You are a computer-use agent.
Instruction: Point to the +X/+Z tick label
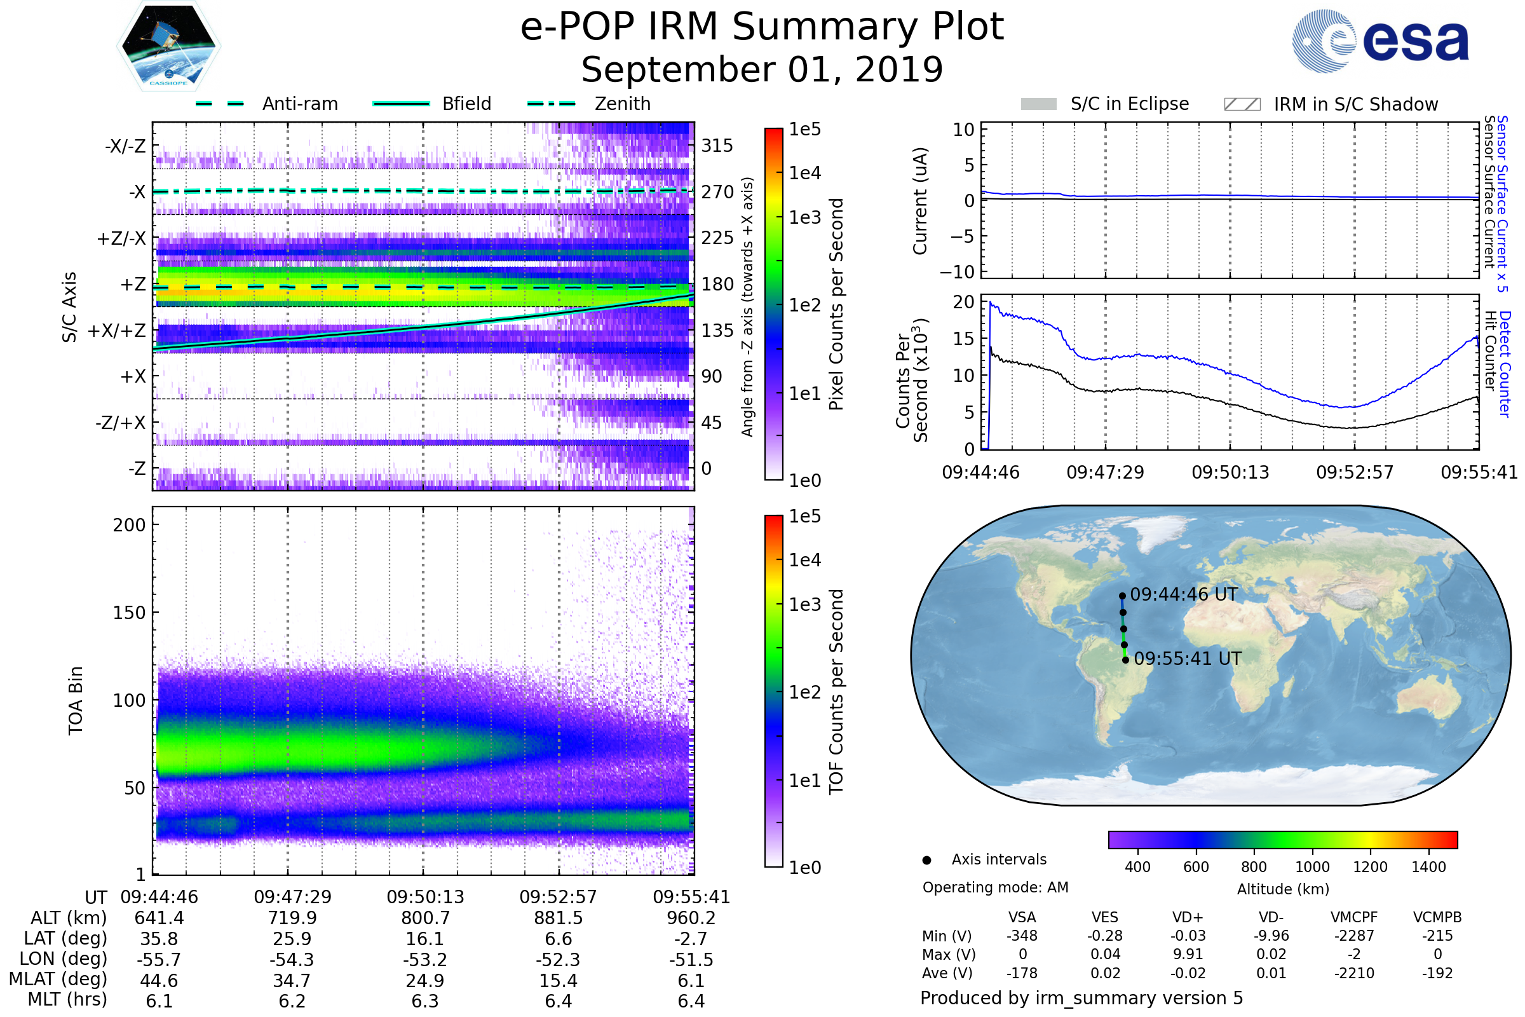tap(117, 331)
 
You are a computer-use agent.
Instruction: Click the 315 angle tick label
tap(717, 146)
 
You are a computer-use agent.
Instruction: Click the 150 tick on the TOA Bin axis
tap(129, 613)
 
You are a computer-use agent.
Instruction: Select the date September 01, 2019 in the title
tap(762, 70)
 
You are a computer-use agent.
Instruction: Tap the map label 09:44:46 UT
tap(1183, 595)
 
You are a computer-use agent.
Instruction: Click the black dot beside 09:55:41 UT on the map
tap(1125, 660)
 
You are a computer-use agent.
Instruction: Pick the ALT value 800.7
tap(425, 918)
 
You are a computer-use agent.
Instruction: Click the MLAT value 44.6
tap(159, 981)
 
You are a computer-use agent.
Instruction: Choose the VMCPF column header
tap(1354, 918)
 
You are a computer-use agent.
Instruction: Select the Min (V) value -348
tap(1022, 936)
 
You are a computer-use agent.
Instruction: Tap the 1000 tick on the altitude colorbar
tap(1312, 867)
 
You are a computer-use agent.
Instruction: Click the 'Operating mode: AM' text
tap(995, 887)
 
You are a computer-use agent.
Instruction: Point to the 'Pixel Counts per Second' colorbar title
tap(836, 304)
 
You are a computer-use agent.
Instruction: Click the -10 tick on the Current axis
tap(958, 272)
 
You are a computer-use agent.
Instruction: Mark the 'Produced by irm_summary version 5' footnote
tap(1081, 998)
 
